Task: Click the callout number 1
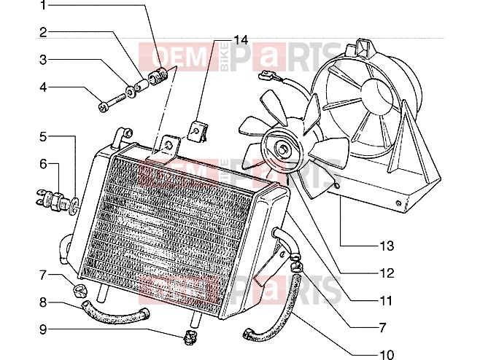click(44, 5)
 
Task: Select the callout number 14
click(241, 40)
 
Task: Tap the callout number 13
click(387, 246)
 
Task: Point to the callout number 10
click(387, 354)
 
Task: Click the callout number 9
click(43, 329)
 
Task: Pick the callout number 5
click(43, 137)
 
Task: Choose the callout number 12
click(387, 273)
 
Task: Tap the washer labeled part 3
click(131, 91)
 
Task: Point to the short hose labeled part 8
click(115, 313)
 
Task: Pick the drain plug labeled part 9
click(190, 337)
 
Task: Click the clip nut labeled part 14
click(199, 132)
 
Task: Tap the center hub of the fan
click(282, 149)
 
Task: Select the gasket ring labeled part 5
click(74, 206)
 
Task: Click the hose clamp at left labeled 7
click(80, 290)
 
